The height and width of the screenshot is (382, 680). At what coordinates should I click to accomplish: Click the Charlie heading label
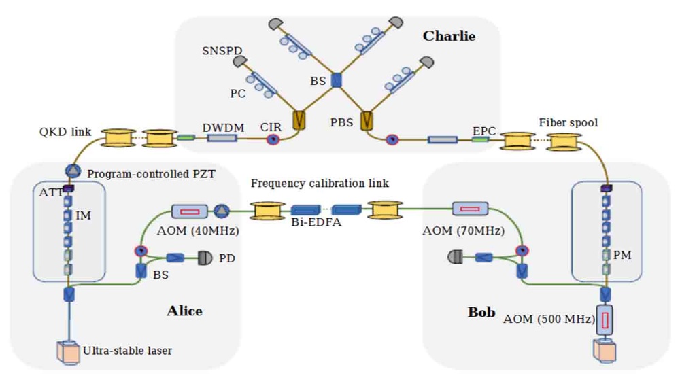[x=449, y=36]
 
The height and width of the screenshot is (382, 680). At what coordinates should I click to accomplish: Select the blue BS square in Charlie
[x=336, y=80]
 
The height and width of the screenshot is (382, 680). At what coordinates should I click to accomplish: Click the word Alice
[x=184, y=311]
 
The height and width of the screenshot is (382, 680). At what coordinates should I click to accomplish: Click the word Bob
[x=481, y=312]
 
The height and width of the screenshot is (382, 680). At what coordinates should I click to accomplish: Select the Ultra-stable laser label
[x=127, y=351]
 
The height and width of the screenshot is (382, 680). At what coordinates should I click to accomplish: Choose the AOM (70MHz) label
[x=463, y=230]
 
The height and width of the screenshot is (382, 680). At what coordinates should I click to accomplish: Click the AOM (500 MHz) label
[x=549, y=318]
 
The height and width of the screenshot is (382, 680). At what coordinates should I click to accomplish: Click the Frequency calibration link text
[x=319, y=184]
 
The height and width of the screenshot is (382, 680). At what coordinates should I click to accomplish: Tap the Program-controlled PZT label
[x=151, y=173]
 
